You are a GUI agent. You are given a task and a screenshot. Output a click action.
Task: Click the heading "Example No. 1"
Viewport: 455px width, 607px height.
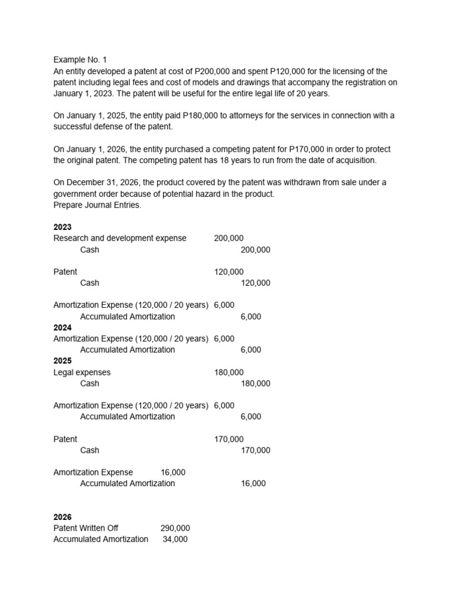80,60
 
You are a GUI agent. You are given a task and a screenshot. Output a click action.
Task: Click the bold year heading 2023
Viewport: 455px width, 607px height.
62,227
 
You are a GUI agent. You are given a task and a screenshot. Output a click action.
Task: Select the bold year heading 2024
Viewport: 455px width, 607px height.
62,327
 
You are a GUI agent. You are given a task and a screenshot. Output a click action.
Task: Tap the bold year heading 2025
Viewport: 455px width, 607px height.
62,360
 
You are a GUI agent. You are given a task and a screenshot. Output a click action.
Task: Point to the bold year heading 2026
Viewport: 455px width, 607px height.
62,517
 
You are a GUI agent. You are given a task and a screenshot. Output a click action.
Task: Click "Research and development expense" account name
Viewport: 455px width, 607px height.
120,238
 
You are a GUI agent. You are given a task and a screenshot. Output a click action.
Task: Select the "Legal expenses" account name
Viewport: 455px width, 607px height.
82,372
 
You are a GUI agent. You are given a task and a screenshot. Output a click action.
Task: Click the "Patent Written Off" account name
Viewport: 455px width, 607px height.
86,528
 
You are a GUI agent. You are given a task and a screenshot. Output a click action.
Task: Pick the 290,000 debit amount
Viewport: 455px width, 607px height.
175,528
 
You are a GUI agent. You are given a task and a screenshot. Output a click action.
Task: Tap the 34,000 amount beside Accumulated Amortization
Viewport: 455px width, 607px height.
175,539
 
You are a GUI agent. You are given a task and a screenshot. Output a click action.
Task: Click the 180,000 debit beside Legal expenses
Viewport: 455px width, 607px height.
229,372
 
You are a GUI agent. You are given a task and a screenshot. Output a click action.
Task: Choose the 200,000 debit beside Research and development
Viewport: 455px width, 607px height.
229,238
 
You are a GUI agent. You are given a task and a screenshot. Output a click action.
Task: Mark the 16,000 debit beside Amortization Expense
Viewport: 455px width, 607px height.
173,472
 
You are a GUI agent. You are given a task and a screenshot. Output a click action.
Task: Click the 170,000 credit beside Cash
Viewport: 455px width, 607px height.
255,451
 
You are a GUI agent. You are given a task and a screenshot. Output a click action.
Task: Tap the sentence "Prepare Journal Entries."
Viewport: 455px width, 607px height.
97,205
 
